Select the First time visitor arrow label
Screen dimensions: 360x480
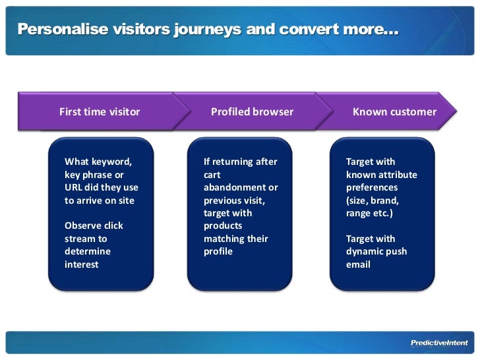pyautogui.click(x=100, y=111)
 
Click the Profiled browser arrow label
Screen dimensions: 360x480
pyautogui.click(x=252, y=111)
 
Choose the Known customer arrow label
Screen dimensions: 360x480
pyautogui.click(x=394, y=111)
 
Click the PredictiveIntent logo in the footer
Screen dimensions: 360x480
pyautogui.click(x=439, y=343)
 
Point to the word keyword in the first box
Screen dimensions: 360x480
pyautogui.click(x=111, y=162)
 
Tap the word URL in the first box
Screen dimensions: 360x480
pyautogui.click(x=73, y=187)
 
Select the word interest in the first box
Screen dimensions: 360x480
pyautogui.click(x=81, y=264)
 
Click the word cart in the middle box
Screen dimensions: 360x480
pyautogui.click(x=212, y=175)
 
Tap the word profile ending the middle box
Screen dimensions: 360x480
pyautogui.click(x=218, y=251)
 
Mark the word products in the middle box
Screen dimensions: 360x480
pyautogui.click(x=223, y=225)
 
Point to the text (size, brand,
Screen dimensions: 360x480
pyautogui.click(x=373, y=200)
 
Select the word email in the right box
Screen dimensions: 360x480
pyautogui.click(x=358, y=264)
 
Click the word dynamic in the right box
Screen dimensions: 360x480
pyautogui.click(x=365, y=251)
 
